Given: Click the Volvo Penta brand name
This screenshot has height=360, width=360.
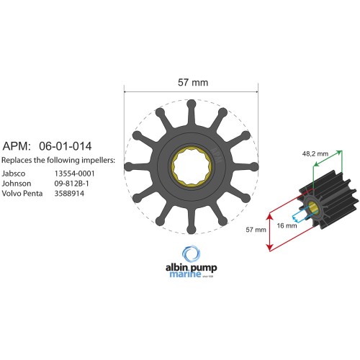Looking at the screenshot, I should [x=23, y=193].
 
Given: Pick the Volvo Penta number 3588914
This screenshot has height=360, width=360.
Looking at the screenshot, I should [x=71, y=193].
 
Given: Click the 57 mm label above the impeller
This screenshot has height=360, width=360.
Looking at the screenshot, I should [x=192, y=83].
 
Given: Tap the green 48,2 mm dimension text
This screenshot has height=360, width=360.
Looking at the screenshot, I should [x=315, y=153].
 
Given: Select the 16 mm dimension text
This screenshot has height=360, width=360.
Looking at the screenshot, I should [x=286, y=225].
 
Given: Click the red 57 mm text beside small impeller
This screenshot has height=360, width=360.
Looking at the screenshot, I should [x=256, y=230].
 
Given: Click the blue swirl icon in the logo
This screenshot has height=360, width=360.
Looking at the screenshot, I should [x=192, y=253].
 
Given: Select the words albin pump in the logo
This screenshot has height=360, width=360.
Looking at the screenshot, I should [x=192, y=268].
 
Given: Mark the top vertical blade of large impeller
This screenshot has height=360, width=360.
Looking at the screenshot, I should [x=192, y=115].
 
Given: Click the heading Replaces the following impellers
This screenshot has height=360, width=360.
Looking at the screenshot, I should [x=58, y=159].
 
